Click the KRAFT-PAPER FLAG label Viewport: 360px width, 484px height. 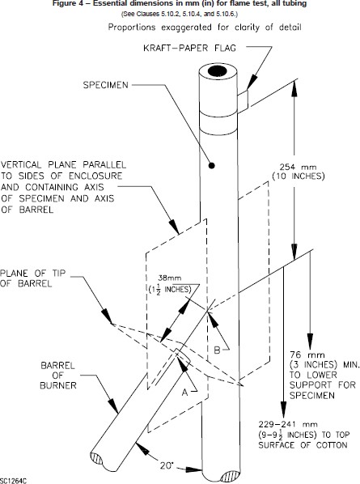pos(190,48)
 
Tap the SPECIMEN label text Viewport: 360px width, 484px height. pos(105,85)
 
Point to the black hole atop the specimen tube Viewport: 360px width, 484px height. pos(217,71)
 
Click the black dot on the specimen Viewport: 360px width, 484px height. pos(211,165)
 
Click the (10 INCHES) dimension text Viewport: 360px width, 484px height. pos(298,176)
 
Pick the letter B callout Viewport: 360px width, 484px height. pos(217,350)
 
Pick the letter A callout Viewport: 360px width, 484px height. pos(184,392)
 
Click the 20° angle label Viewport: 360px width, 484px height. pos(167,465)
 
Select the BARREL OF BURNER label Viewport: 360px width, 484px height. pos(58,376)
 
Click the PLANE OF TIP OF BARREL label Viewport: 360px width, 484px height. pos(32,278)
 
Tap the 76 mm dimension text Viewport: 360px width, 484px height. pos(307,355)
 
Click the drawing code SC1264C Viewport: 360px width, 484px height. pos(14,481)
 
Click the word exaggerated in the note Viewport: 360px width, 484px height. pos(186,28)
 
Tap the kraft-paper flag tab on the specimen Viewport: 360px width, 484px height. pos(243,101)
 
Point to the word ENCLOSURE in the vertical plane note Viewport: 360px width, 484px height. pos(95,176)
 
